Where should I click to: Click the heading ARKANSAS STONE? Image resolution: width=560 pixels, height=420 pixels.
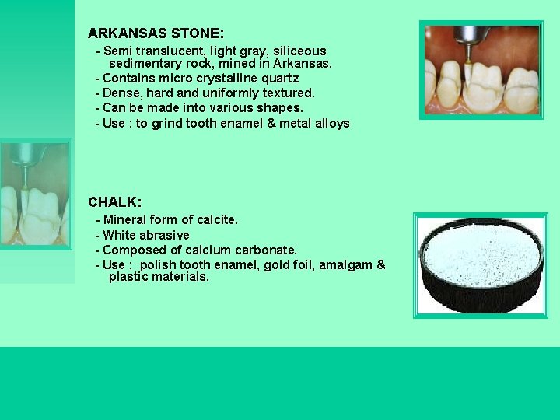(156, 34)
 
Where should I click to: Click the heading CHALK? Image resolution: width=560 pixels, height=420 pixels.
(114, 202)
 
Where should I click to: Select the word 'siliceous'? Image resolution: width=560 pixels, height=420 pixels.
(299, 51)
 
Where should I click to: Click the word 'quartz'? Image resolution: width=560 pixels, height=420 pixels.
(279, 79)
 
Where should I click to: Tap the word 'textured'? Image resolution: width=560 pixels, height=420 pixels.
(288, 93)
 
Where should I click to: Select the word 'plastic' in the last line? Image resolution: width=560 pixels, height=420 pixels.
(130, 277)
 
